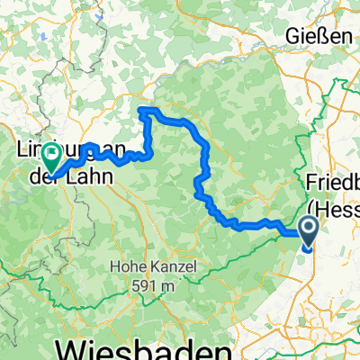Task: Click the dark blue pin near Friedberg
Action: pyautogui.click(x=308, y=232)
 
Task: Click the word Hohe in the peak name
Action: pyautogui.click(x=129, y=266)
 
